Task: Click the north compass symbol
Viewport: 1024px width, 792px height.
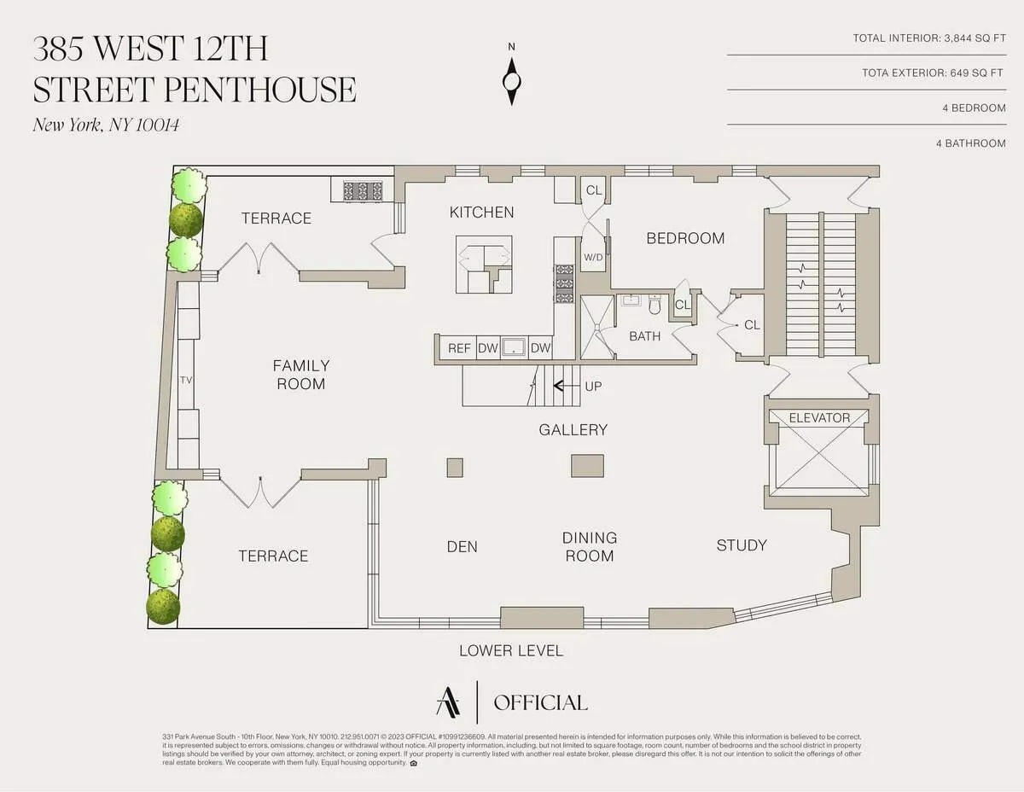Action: [x=511, y=80]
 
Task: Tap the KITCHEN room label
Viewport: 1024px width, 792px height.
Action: [x=482, y=213]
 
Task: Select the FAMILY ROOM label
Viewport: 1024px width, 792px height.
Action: [x=300, y=375]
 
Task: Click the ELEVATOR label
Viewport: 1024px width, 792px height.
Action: [x=819, y=418]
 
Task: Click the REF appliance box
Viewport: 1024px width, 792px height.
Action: [x=459, y=348]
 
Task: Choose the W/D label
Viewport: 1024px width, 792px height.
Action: [x=593, y=257]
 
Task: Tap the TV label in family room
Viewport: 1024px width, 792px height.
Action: [x=187, y=381]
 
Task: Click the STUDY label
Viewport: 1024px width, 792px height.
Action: [x=741, y=545]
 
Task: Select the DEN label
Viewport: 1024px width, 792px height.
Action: [x=463, y=546]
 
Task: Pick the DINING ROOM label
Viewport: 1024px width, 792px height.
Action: [x=589, y=547]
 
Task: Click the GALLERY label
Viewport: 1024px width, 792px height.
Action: [x=573, y=430]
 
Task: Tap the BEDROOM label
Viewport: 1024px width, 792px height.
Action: [x=685, y=238]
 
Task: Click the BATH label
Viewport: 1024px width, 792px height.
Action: [x=644, y=336]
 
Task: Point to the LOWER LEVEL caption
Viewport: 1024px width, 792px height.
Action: [x=511, y=651]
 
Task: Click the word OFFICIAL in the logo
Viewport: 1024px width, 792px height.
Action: [x=540, y=703]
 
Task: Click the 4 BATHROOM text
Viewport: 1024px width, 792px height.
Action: [x=970, y=143]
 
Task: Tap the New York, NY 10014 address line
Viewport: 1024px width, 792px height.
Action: [x=107, y=125]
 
